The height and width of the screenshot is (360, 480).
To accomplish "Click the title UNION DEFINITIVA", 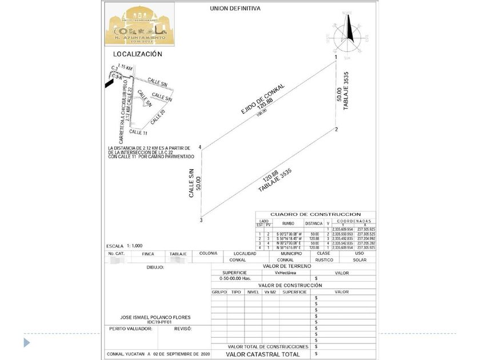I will [x=235, y=9].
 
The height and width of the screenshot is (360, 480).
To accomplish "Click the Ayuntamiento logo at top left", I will [x=139, y=25].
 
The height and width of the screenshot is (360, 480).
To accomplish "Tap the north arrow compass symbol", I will [x=350, y=33].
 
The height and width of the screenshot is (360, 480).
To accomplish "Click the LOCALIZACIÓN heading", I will [x=137, y=54].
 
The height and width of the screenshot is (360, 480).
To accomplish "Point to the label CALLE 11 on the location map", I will [x=139, y=132].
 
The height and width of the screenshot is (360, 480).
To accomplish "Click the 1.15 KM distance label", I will [x=125, y=67].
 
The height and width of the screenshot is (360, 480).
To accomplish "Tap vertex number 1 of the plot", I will [x=336, y=58].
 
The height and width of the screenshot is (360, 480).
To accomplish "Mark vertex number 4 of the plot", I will [x=200, y=147].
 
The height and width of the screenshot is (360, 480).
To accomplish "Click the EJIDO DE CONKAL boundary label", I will [x=262, y=101].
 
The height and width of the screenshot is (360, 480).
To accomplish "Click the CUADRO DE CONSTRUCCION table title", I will [x=315, y=214].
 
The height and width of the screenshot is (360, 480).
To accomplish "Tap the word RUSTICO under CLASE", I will [x=324, y=259].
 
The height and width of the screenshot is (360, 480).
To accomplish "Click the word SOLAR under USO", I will [x=359, y=259].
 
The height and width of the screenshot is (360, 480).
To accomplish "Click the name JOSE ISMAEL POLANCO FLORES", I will [x=155, y=317].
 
